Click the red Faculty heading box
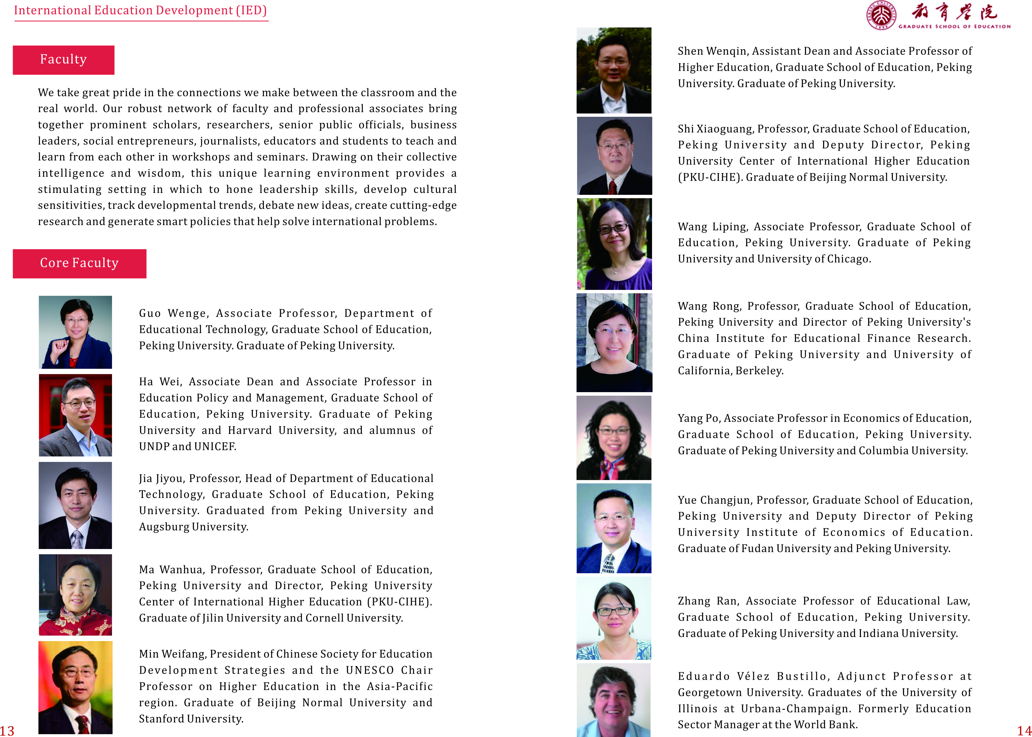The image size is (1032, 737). tap(63, 60)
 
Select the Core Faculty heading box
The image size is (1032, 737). tap(79, 264)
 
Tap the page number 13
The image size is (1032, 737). tap(7, 730)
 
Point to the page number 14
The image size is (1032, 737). tap(1024, 730)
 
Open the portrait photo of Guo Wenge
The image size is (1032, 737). tap(75, 332)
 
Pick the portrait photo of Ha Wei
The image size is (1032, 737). tap(75, 415)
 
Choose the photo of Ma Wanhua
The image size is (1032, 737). tap(75, 594)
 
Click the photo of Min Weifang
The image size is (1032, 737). tap(75, 687)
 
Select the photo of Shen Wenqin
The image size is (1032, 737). tap(614, 70)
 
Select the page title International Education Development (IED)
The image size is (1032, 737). tap(141, 10)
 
